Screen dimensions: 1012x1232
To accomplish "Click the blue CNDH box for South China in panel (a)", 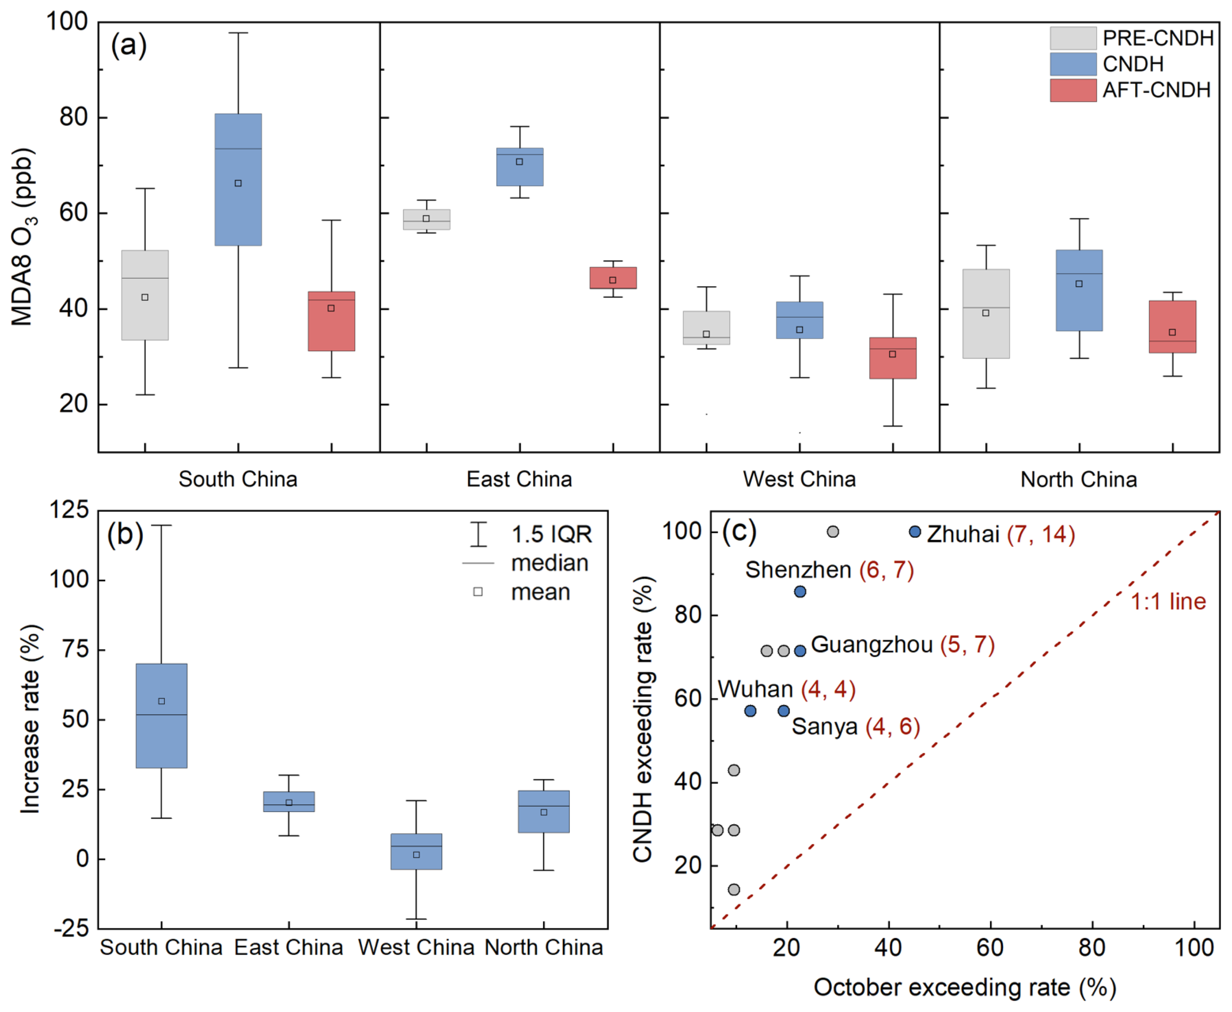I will click(238, 179).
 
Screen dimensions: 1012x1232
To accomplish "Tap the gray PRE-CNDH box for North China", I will click(986, 313).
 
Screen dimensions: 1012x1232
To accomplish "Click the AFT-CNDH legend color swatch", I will click(1073, 90).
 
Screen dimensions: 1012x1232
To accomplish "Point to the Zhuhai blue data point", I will click(915, 532).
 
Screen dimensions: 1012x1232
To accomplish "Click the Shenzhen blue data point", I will click(800, 592).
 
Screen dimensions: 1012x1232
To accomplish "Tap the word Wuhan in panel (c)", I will click(755, 689).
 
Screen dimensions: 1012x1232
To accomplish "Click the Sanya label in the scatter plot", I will click(824, 727).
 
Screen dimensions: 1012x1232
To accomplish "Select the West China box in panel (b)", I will click(416, 851).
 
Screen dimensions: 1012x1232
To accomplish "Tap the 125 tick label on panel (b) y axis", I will click(69, 510).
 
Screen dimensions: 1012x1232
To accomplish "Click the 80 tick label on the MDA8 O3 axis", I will click(73, 117).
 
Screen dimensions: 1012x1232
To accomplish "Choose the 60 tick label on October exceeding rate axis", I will click(989, 947).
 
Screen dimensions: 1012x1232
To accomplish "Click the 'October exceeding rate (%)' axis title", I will click(964, 988).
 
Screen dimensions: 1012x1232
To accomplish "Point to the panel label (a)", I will click(129, 45).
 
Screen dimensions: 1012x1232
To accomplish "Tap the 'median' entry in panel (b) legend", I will click(549, 563).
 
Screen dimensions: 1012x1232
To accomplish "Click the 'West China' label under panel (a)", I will click(799, 479).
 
